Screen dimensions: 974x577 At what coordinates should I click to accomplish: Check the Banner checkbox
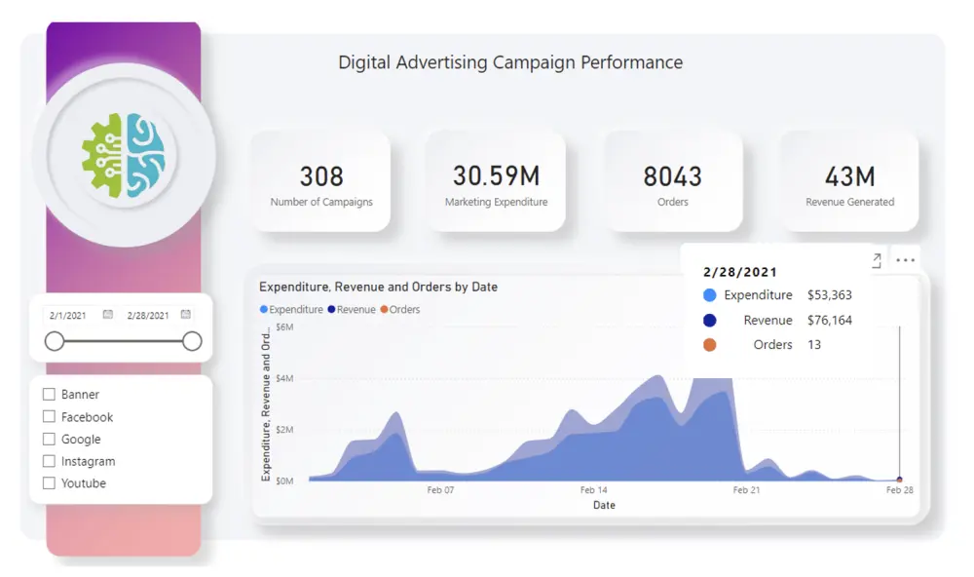[x=49, y=394]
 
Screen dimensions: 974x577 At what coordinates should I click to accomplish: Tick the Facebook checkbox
[x=49, y=416]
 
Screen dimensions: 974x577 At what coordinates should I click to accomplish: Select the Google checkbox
[x=49, y=439]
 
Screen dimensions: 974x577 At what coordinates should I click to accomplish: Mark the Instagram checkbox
[x=49, y=461]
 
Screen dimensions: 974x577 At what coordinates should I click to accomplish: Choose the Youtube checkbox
[x=49, y=483]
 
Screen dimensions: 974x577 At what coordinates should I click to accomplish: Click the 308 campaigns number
[x=321, y=176]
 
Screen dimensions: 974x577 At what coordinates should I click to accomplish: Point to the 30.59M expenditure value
[x=497, y=176]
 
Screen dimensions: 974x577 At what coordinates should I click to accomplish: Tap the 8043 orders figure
[x=673, y=176]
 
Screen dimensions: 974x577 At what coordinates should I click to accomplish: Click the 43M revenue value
[x=849, y=176]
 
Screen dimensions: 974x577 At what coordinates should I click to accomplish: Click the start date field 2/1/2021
[x=68, y=315]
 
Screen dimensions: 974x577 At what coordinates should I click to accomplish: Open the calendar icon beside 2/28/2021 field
[x=186, y=315]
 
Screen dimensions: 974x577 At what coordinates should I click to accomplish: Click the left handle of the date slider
[x=55, y=341]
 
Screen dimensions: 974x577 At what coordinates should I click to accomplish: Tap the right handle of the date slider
[x=192, y=341]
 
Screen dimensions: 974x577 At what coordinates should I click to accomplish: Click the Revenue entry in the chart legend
[x=352, y=310]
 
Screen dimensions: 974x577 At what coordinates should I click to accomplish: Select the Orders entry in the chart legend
[x=400, y=310]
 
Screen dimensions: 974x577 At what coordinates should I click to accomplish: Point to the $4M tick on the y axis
[x=284, y=378]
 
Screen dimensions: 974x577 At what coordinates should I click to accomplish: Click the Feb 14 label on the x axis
[x=594, y=490]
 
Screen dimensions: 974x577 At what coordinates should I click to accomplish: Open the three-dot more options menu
[x=906, y=260]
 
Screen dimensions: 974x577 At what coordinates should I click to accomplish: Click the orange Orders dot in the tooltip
[x=709, y=345]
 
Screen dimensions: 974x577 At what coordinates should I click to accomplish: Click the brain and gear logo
[x=124, y=155]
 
